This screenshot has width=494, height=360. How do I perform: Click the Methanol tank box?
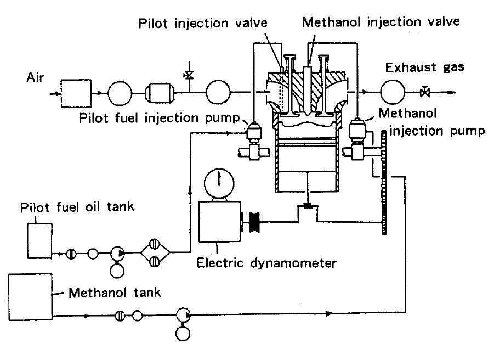[30, 296]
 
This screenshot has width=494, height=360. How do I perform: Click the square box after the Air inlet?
[77, 94]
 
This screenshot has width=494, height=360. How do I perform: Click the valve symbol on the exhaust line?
[424, 92]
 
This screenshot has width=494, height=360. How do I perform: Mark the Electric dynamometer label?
[267, 263]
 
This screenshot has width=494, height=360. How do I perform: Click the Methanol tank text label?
[114, 292]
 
